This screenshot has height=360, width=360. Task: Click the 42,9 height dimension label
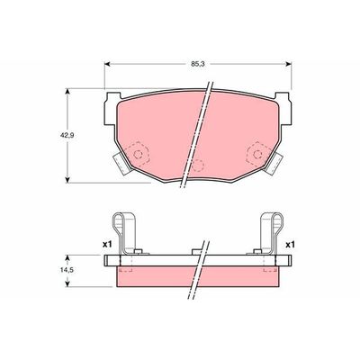(55, 134)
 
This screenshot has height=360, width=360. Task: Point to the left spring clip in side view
(126, 236)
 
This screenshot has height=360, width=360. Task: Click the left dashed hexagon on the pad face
(139, 155)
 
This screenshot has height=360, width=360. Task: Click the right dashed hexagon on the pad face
(258, 154)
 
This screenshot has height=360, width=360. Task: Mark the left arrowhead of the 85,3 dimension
(110, 66)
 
